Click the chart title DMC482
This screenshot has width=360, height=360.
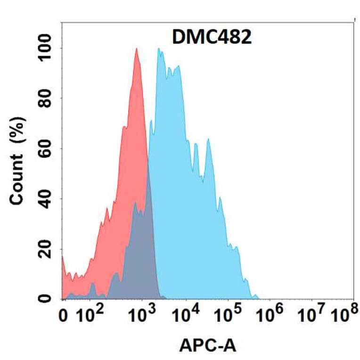211,37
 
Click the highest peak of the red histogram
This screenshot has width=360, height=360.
137,49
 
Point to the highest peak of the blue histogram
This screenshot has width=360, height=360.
159,49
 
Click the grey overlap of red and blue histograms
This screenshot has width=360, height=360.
141,254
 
